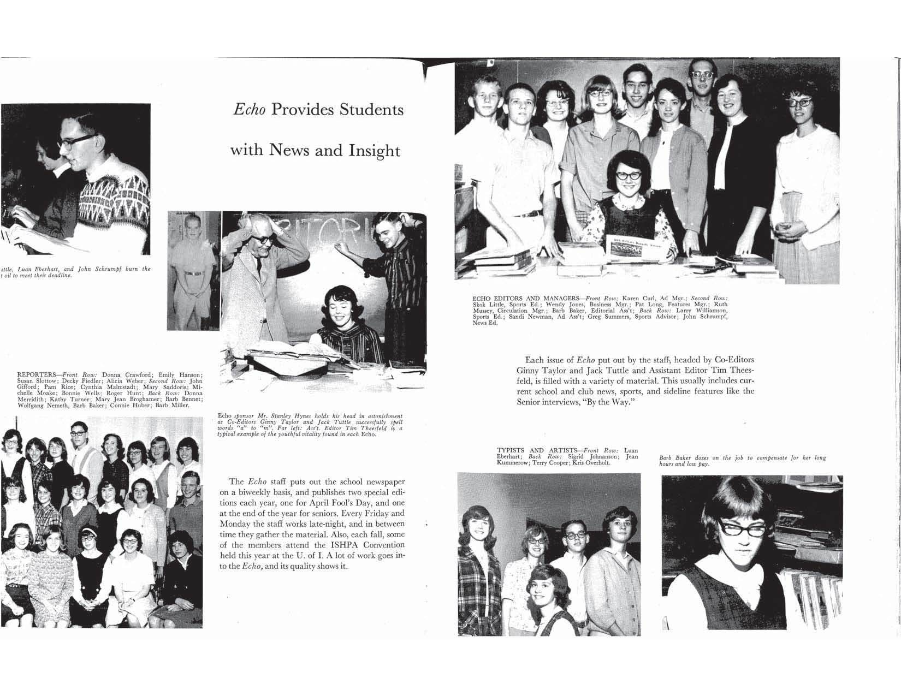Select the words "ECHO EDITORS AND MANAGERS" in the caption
(524, 299)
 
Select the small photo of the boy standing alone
(193, 270)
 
